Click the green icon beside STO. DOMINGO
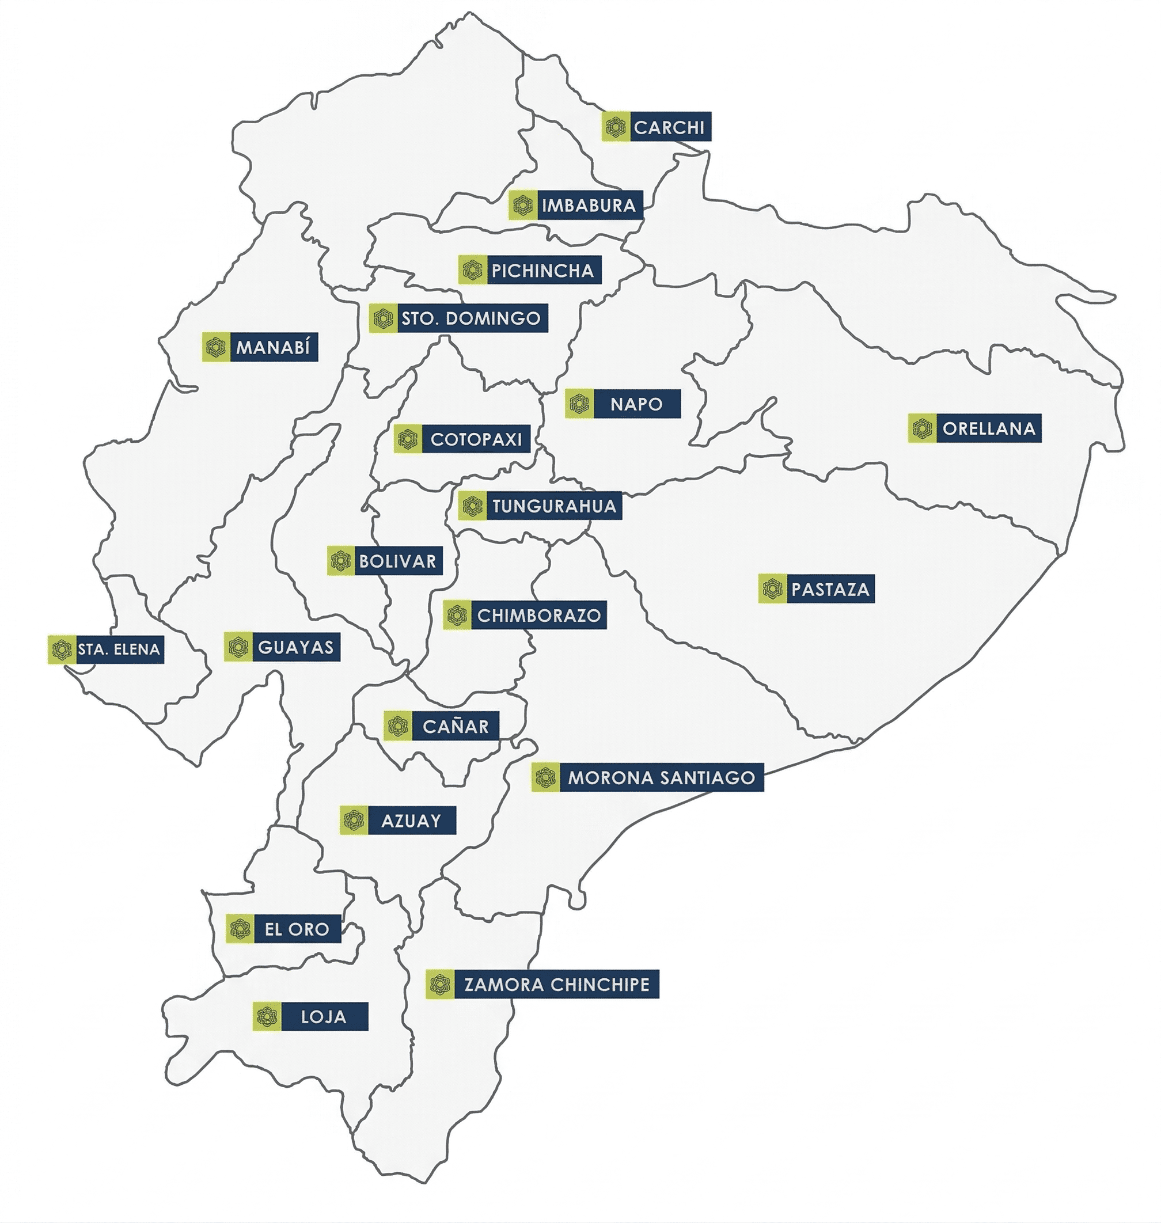tap(383, 318)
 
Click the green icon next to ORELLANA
tap(922, 428)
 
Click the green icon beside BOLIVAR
tap(341, 561)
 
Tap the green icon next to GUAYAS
tap(238, 648)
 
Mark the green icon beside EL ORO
tap(240, 929)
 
